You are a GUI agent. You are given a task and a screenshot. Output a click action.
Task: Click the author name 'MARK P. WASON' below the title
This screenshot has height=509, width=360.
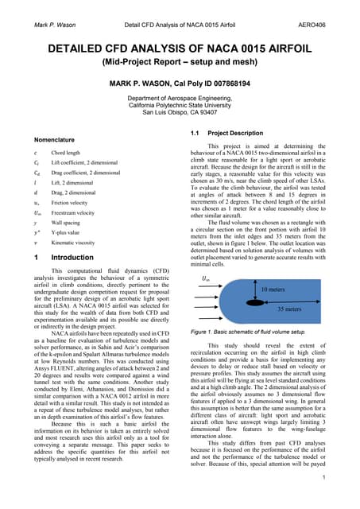180,82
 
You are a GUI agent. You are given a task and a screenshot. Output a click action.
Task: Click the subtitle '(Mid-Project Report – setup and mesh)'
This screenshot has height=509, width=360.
180,59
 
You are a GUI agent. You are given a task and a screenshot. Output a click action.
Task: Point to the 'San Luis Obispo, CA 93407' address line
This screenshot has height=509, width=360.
180,112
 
